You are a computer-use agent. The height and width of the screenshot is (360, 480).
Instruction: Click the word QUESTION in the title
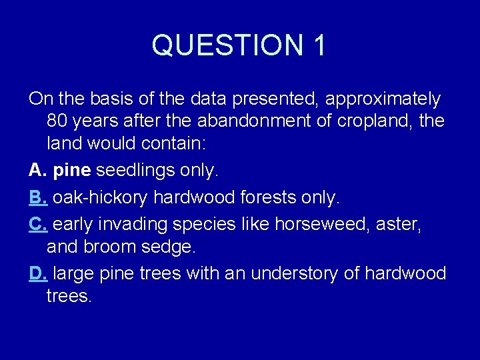(x=224, y=45)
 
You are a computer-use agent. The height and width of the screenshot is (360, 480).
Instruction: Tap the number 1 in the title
(x=318, y=45)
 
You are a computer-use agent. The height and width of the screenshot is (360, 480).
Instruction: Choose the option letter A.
(x=37, y=171)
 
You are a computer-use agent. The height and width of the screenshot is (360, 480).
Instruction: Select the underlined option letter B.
(x=38, y=198)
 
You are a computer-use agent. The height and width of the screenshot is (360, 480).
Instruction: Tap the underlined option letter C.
(x=38, y=223)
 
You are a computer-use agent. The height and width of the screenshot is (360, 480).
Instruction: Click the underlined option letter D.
(x=38, y=273)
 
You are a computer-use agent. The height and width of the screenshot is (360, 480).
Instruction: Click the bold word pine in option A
(x=71, y=171)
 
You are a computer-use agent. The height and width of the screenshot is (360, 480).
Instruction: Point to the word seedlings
(x=136, y=171)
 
